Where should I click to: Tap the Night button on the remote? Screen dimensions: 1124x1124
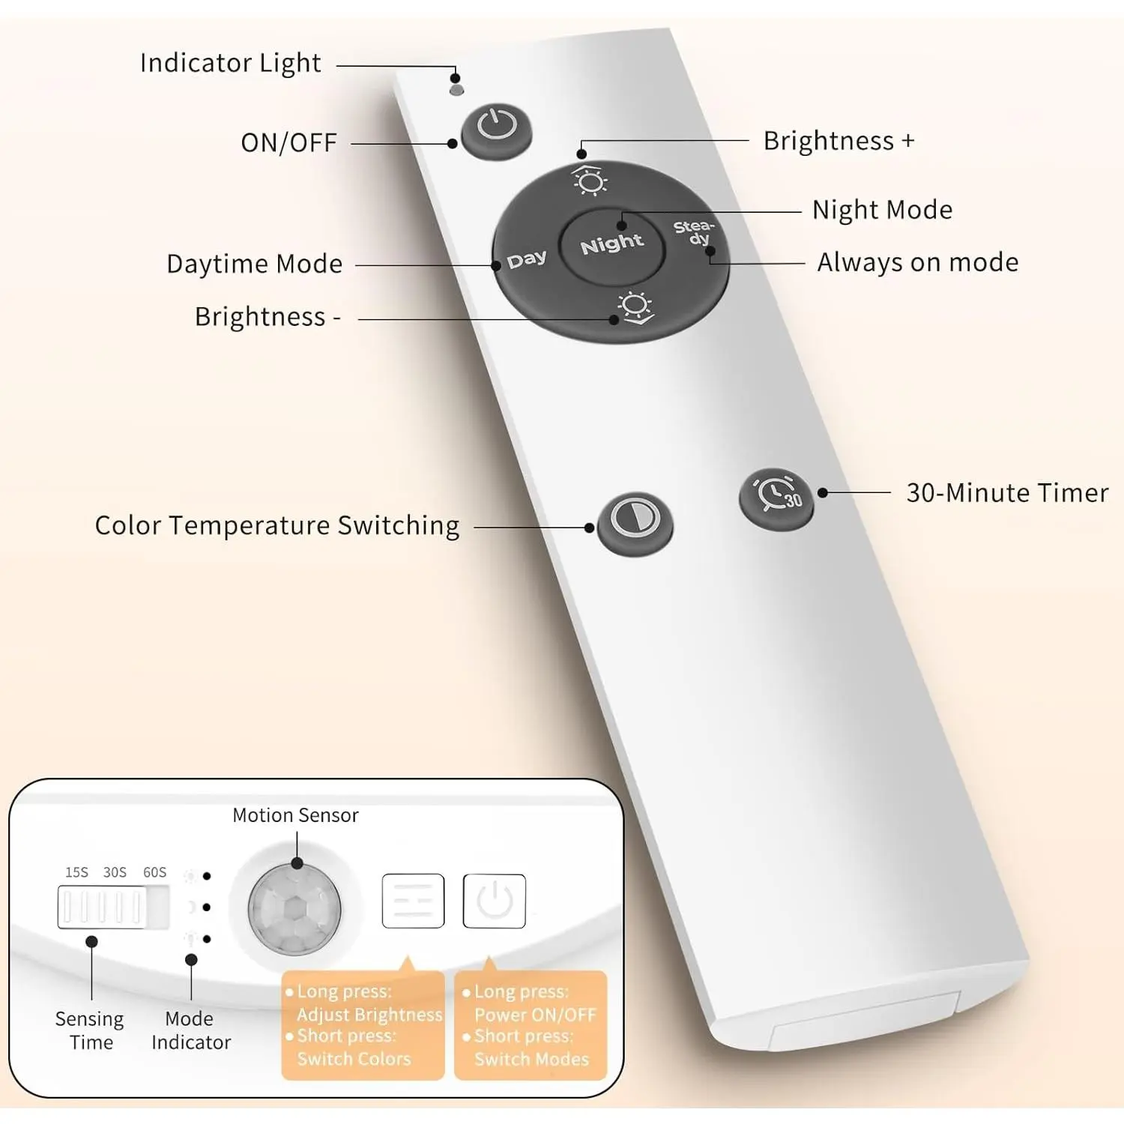(611, 244)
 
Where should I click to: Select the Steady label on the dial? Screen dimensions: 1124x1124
(694, 232)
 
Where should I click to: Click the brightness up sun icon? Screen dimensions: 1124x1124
(590, 181)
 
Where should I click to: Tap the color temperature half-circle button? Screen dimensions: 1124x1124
(634, 520)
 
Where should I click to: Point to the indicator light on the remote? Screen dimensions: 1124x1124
(456, 90)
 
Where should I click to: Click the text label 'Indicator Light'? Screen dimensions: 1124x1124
(230, 64)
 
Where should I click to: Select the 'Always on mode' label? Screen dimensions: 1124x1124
(917, 263)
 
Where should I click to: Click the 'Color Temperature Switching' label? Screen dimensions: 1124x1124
(277, 526)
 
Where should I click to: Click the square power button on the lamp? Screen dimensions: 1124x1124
(494, 901)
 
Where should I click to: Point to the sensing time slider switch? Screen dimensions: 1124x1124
(112, 907)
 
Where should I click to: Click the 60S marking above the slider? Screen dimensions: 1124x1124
(154, 872)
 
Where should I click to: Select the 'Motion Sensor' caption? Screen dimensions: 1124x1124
(295, 815)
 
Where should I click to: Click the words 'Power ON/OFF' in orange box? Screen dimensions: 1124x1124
(535, 1015)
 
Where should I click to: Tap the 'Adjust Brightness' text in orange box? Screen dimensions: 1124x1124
(369, 1015)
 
